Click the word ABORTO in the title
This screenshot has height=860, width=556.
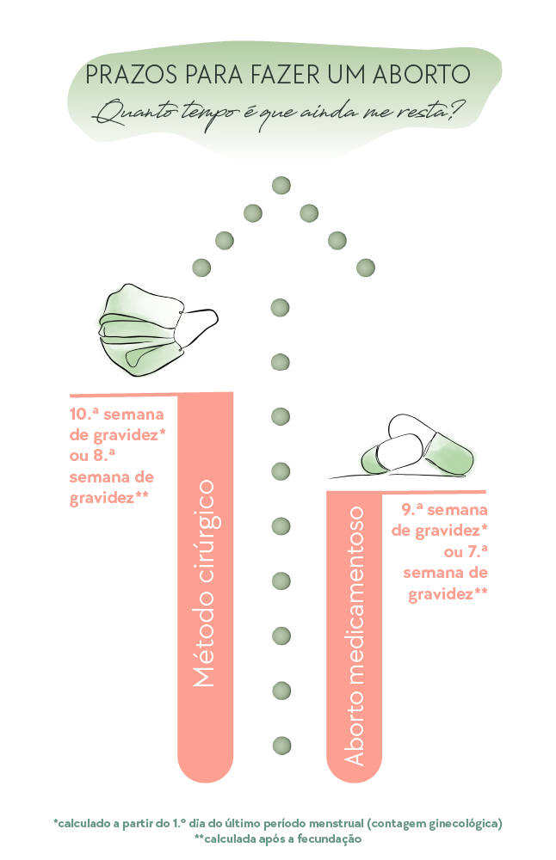[x=421, y=75]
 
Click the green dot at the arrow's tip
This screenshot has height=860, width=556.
[x=281, y=186]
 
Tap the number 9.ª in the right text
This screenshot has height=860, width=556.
[x=412, y=510]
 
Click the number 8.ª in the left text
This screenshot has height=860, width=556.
[x=102, y=455]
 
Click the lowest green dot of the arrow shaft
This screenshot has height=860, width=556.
[x=281, y=746]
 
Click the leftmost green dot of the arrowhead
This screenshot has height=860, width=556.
[x=201, y=267]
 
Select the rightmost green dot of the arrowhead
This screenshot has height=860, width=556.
[x=366, y=267]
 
